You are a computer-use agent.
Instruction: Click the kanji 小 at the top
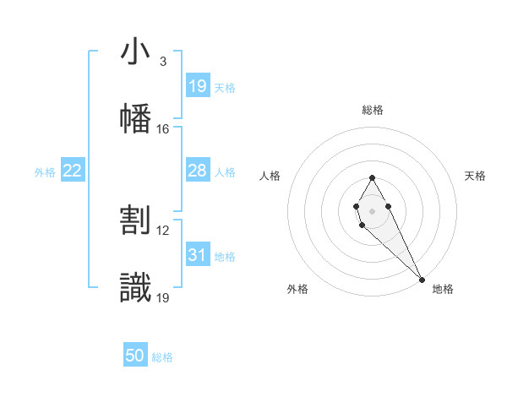click(135, 52)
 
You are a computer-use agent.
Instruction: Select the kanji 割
click(135, 220)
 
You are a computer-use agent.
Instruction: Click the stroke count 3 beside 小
click(162, 62)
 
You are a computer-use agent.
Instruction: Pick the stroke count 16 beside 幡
click(162, 128)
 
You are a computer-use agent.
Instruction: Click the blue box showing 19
click(198, 86)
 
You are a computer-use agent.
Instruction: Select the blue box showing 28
click(198, 171)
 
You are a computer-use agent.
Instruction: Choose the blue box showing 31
click(198, 255)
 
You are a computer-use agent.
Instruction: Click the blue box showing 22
click(73, 171)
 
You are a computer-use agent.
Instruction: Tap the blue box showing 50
click(135, 356)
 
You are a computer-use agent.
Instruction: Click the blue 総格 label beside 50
click(162, 357)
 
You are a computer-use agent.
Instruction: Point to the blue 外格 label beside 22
click(45, 172)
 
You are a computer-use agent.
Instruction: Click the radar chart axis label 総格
click(373, 110)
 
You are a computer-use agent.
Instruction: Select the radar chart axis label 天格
click(476, 176)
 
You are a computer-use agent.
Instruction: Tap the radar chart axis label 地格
click(443, 289)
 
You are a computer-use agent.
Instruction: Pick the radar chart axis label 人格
click(270, 176)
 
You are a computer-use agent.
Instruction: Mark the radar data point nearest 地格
click(422, 278)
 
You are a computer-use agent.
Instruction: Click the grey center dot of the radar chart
click(372, 209)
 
